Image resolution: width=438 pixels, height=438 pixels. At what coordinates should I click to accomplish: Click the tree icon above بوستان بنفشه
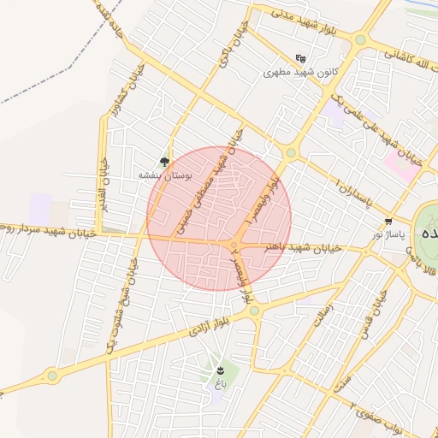click(164, 162)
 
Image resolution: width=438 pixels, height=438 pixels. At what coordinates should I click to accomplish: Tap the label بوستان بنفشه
click(166, 175)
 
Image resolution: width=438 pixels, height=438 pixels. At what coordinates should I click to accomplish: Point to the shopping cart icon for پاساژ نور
click(388, 220)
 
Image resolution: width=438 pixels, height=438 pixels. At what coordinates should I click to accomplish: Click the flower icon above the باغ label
click(221, 370)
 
